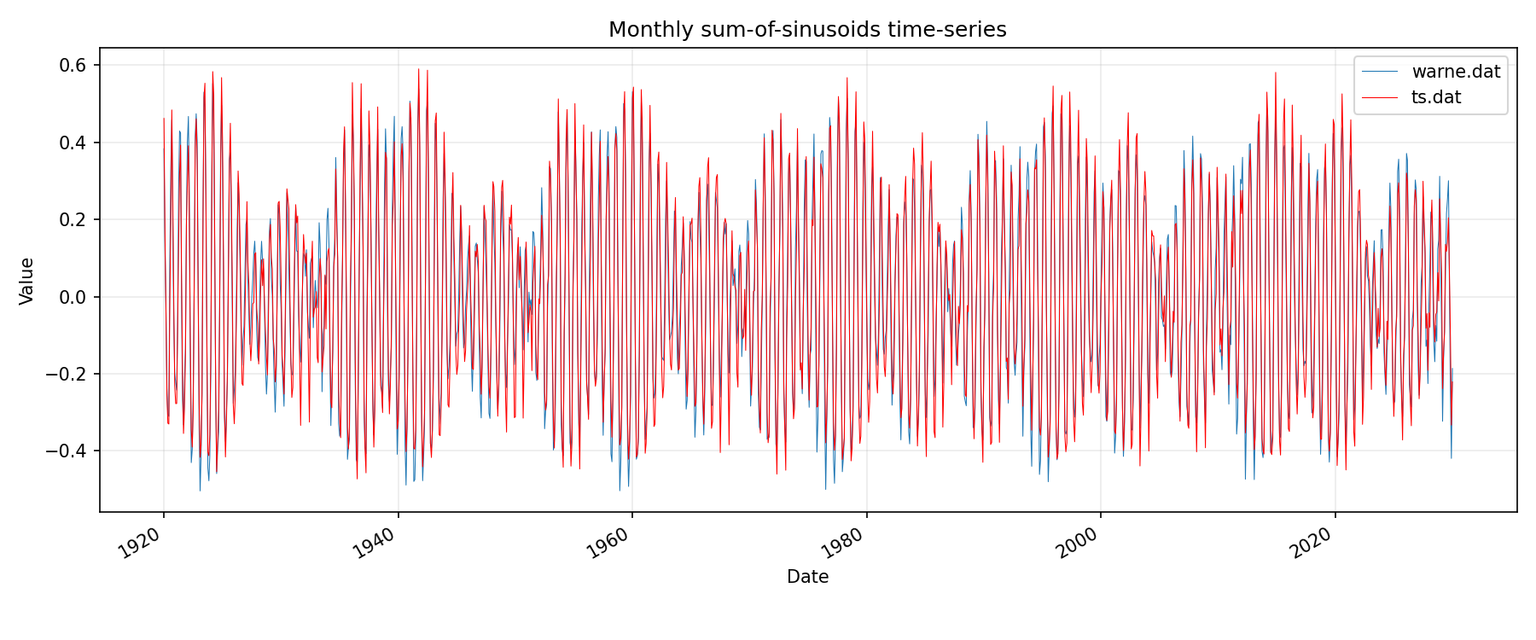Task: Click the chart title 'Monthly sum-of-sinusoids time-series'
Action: [x=807, y=30]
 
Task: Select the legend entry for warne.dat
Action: [x=1456, y=72]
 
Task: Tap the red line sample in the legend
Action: [x=1381, y=97]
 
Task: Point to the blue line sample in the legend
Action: [x=1381, y=72]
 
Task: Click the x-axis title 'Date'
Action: [x=807, y=577]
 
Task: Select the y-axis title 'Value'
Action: [x=27, y=281]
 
